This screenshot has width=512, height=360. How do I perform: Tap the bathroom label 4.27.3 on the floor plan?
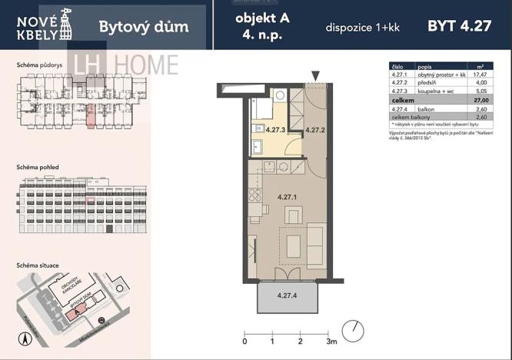[275, 130]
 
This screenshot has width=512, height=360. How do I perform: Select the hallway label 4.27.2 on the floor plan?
[316, 130]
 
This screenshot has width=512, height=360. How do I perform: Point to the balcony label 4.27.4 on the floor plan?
[287, 295]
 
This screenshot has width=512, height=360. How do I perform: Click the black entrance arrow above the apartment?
[315, 75]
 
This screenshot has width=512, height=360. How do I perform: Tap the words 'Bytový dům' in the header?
[144, 28]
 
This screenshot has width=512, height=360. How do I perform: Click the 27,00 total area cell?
[481, 100]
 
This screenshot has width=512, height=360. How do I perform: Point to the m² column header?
[481, 65]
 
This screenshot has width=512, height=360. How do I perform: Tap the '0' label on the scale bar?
[244, 341]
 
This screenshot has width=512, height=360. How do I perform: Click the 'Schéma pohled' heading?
[38, 167]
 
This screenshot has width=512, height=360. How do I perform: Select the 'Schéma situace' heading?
[38, 265]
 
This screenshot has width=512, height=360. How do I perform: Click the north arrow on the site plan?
[24, 337]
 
